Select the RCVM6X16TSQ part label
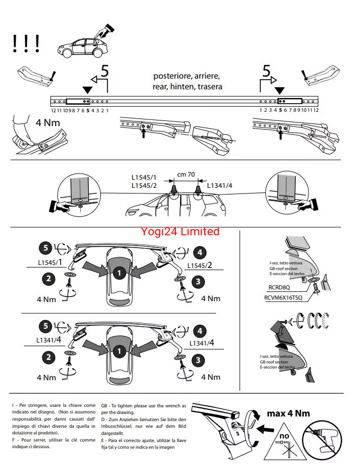tap(283, 297)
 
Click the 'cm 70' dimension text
tap(186, 175)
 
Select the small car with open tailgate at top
tap(84, 43)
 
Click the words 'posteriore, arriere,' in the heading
tap(187, 76)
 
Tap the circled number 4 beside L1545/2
tap(200, 252)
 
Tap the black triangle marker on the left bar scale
tap(87, 90)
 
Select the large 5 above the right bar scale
tap(266, 72)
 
